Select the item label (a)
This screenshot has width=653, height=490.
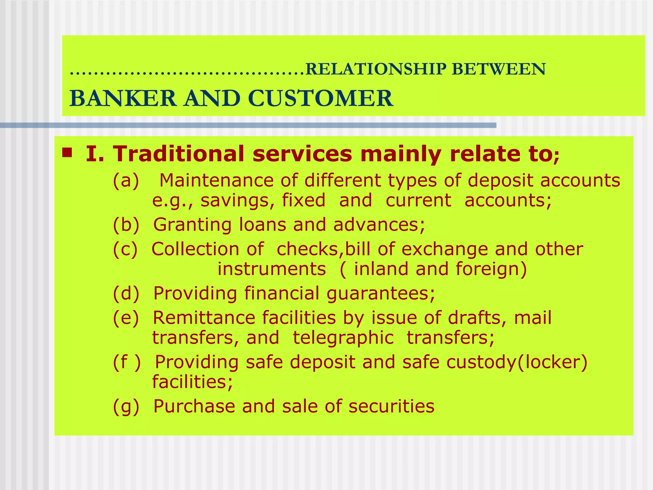126,181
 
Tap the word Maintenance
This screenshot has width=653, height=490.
216,180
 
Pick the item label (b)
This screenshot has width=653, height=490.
126,225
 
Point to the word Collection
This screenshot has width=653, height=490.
195,249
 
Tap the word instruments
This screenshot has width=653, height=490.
272,269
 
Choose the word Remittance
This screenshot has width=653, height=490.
204,318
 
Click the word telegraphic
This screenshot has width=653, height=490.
343,338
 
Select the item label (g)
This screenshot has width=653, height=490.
126,406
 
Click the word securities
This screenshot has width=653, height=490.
392,406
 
